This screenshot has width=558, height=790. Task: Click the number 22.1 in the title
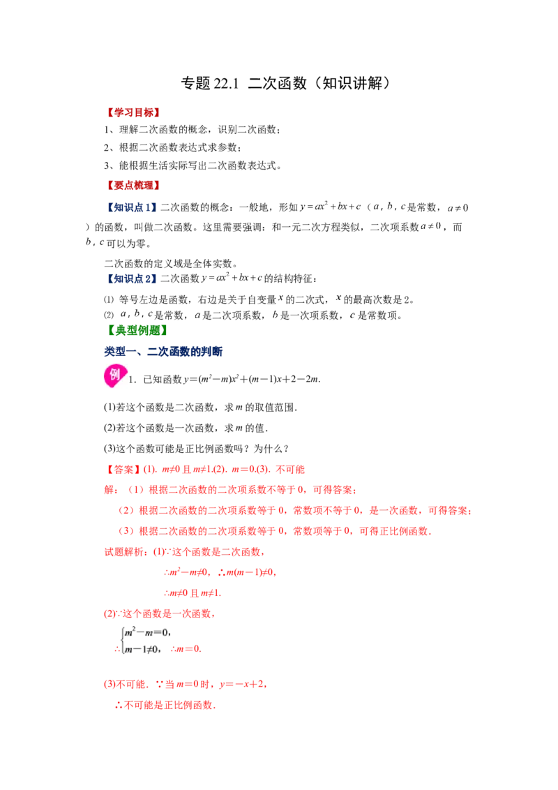tap(225, 84)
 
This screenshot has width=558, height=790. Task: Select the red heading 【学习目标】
tap(133, 112)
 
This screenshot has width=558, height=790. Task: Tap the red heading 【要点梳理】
tap(133, 186)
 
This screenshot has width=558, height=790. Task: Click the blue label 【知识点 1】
tap(131, 207)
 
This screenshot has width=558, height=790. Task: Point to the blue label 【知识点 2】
tap(131, 278)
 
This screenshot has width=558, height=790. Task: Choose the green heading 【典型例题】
tap(137, 331)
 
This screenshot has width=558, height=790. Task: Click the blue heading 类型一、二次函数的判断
tap(163, 352)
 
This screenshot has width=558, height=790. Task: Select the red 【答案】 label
tap(122, 470)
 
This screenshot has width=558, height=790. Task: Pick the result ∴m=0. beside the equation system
tap(186, 649)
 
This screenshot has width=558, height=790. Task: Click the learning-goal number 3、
tap(110, 166)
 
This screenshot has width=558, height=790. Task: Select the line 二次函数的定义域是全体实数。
tap(171, 264)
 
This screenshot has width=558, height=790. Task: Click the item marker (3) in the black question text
tap(110, 449)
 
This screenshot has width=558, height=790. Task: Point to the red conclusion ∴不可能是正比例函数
tap(166, 706)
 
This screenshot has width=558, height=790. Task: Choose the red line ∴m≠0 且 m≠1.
tap(193, 593)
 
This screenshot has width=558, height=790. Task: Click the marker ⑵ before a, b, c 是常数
tap(109, 315)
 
